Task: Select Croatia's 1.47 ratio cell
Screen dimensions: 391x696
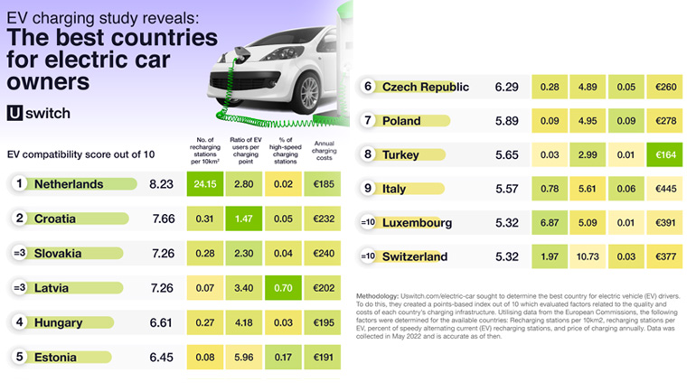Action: coord(242,219)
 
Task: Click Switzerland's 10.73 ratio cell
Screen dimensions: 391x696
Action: coord(588,256)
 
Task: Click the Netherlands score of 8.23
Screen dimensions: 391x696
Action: coord(161,184)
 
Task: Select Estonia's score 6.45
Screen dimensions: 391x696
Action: coord(161,358)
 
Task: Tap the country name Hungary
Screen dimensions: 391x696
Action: coord(59,323)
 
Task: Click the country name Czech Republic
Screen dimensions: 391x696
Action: coord(426,87)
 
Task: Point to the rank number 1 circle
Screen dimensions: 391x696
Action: coord(17,184)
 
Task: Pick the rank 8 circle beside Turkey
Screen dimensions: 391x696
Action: coord(368,155)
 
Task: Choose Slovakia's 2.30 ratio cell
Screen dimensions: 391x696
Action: coord(242,254)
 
